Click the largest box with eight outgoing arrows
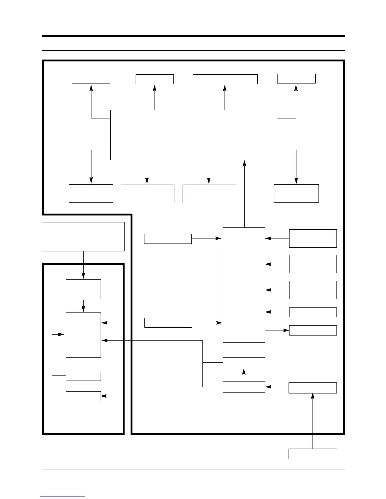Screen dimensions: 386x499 pyautogui.click(x=194, y=135)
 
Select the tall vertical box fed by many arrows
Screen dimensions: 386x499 pyautogui.click(x=244, y=285)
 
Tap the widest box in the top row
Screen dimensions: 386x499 pyautogui.click(x=225, y=79)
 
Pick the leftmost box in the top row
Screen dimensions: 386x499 pyautogui.click(x=91, y=78)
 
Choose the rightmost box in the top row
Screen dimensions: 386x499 pyautogui.click(x=296, y=78)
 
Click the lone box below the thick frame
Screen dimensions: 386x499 pyautogui.click(x=313, y=454)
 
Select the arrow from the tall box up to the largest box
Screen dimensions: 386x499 pyautogui.click(x=244, y=194)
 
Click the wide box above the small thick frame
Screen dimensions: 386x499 pyautogui.click(x=83, y=237)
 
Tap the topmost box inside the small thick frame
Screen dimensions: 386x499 pyautogui.click(x=83, y=289)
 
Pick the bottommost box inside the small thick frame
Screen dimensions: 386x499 pyautogui.click(x=83, y=396)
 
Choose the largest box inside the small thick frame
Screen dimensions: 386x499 pyautogui.click(x=83, y=335)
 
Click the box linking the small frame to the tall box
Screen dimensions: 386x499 pyautogui.click(x=168, y=323)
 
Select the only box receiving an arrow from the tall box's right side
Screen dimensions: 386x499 pyautogui.click(x=313, y=330)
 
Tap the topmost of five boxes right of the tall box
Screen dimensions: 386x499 pyautogui.click(x=313, y=238)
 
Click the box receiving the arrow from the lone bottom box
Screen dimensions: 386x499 pyautogui.click(x=313, y=388)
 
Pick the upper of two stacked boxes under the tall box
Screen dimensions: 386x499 pyautogui.click(x=244, y=363)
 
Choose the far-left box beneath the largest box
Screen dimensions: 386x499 pyautogui.click(x=91, y=193)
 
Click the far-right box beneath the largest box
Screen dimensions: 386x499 pyautogui.click(x=296, y=193)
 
